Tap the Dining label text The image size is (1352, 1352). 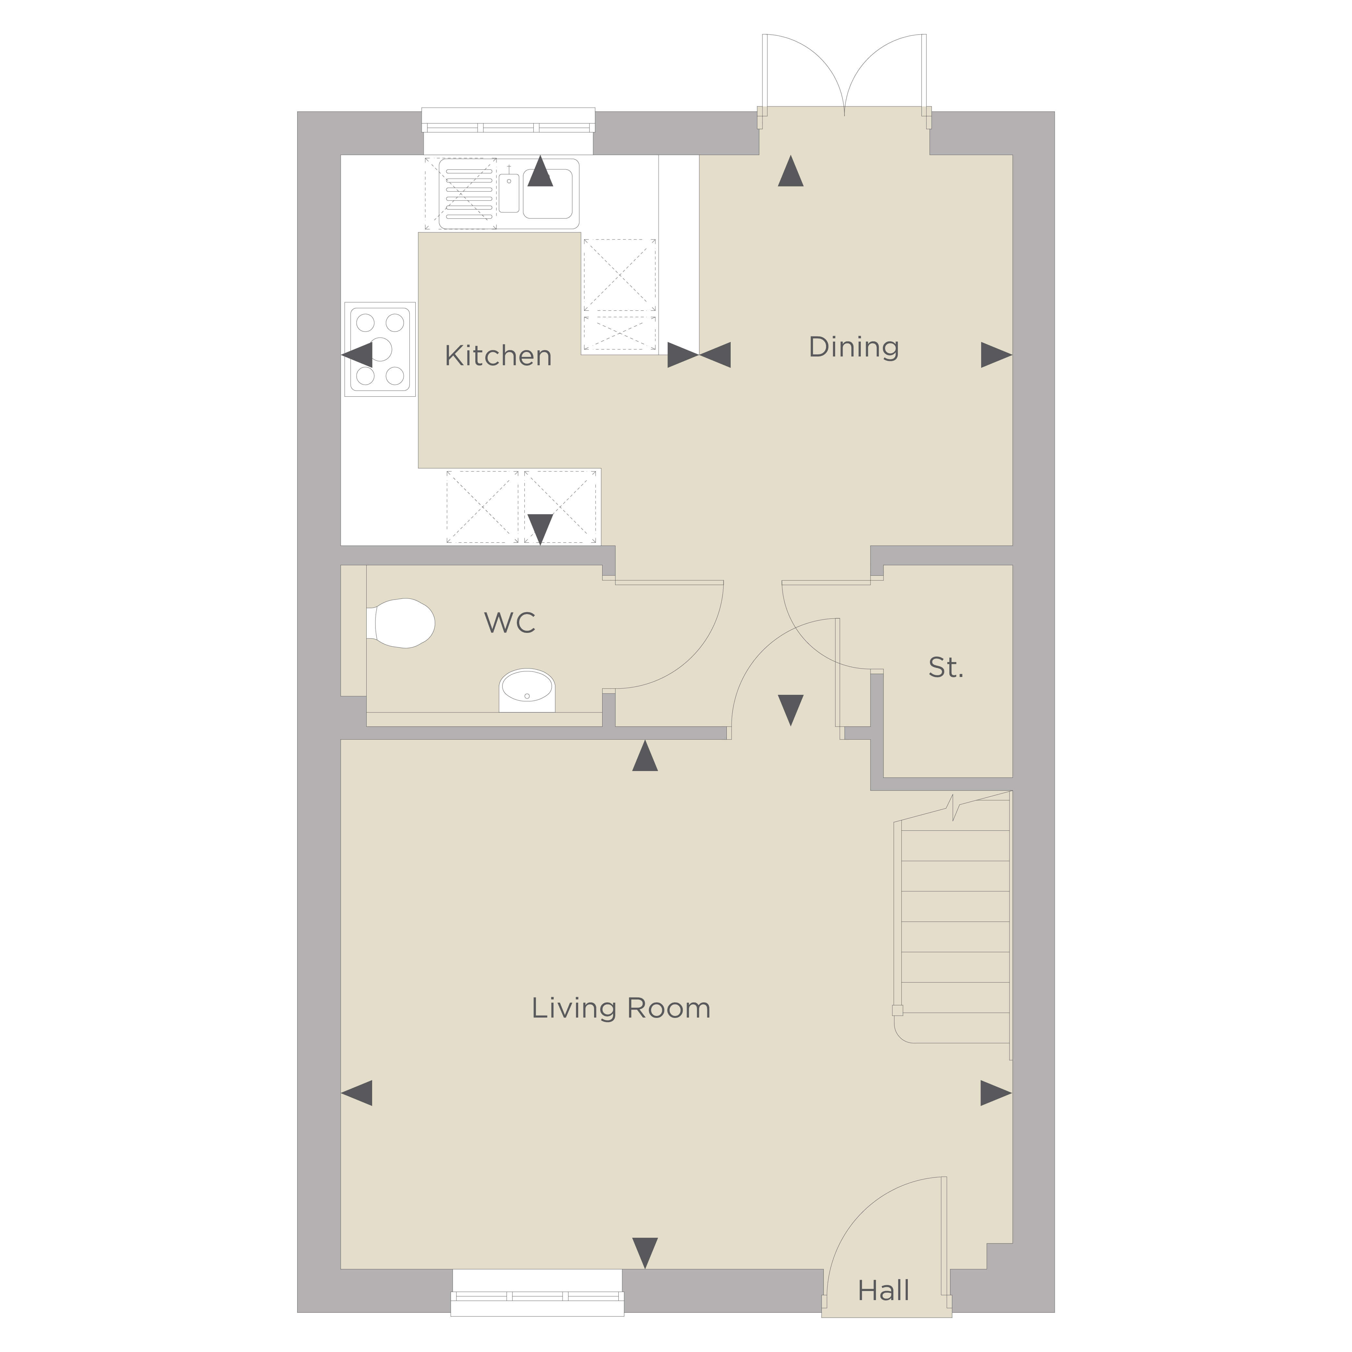[854, 347]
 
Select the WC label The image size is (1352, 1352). [510, 622]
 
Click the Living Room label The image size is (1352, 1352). [621, 1008]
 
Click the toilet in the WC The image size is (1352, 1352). [400, 623]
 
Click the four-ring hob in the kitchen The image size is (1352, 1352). [380, 349]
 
